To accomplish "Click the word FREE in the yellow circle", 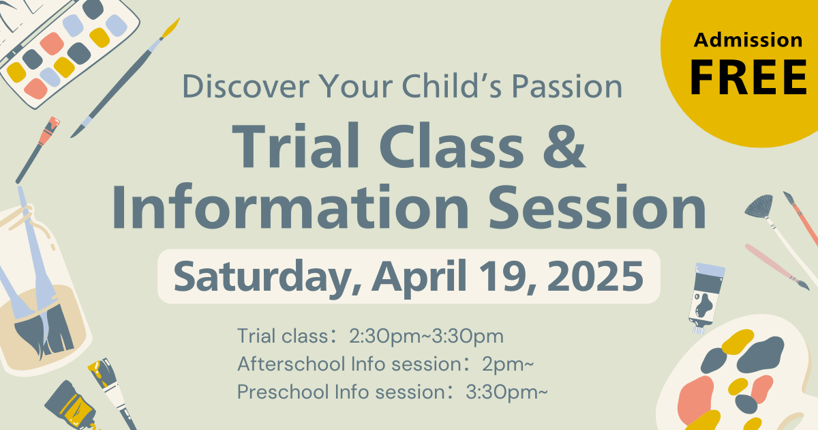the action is coord(748,78).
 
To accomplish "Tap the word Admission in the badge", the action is coord(748,40).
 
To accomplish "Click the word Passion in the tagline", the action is coord(566,87).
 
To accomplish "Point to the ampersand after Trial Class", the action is coord(564,146).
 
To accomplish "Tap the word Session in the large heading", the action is coord(597,207).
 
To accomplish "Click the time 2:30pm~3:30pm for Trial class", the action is coord(426,336).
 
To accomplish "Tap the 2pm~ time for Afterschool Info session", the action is coord(508,364).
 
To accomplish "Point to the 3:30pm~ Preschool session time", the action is coord(506,392).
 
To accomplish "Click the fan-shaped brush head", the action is coord(759,207).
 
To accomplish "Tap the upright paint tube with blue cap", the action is coord(706,298).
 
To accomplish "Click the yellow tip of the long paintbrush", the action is coord(170,28).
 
